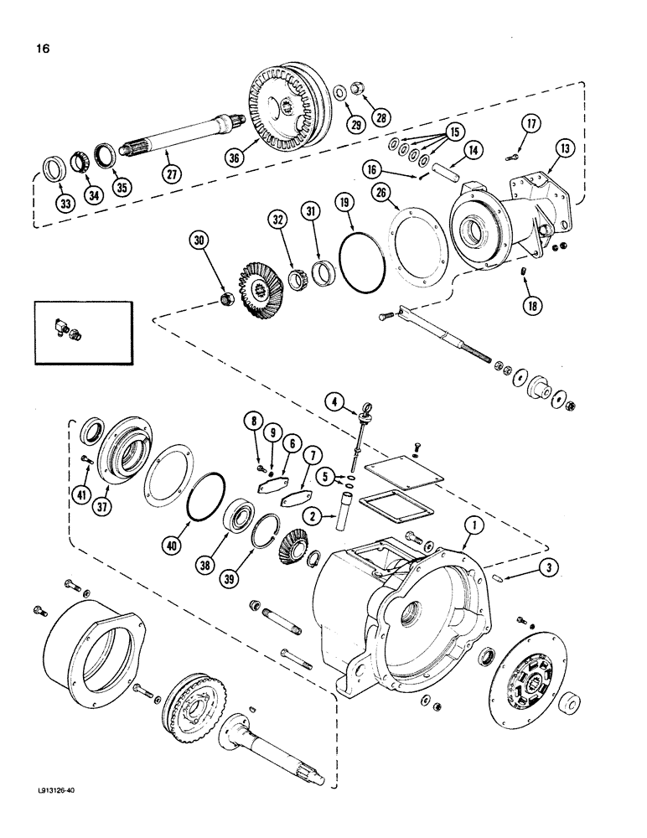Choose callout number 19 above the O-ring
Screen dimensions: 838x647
[344, 201]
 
